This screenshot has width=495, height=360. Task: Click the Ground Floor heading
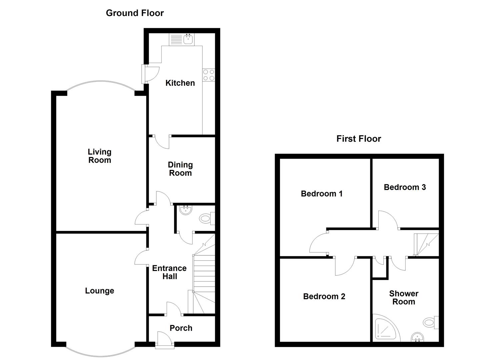pos(135,13)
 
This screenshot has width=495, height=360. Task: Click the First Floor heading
pos(359,139)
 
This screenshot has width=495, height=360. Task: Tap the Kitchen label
pos(180,83)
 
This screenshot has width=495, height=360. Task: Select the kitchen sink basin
pos(188,39)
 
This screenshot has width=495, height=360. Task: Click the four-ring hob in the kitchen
pos(209,75)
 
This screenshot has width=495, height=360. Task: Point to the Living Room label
pos(100,156)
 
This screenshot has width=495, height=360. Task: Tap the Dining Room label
pos(180,169)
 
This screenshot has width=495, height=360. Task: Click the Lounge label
pos(100,291)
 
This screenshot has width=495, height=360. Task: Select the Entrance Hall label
pos(169,272)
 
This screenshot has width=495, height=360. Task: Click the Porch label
pos(181,328)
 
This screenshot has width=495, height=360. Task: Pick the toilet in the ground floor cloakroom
pos(207,219)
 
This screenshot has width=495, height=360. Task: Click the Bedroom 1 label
pos(322,194)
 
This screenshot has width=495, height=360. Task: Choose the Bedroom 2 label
pos(324,297)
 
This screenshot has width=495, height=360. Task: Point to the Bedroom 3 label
pos(405,187)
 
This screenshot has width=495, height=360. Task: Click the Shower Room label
pos(404,298)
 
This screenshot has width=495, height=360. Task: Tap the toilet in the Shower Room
pos(431,323)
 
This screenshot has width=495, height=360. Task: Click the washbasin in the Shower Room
pos(417,337)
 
